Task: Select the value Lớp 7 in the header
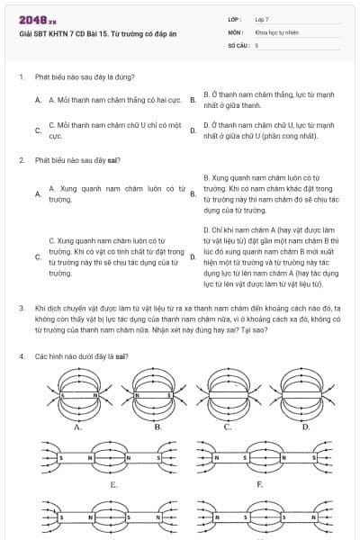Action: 262,19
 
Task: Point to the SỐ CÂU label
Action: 238,43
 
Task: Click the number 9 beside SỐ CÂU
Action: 256,43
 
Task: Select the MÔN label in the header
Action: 235,31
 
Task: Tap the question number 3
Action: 21,307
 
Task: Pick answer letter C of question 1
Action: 37,130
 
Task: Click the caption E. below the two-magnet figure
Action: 113,484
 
